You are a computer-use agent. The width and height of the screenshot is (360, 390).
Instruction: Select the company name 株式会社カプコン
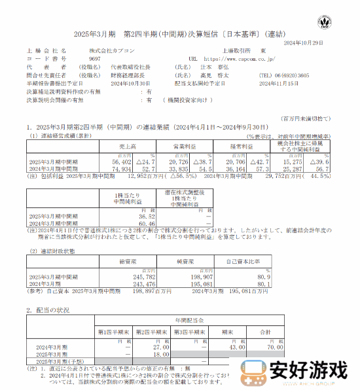click(109, 50)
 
